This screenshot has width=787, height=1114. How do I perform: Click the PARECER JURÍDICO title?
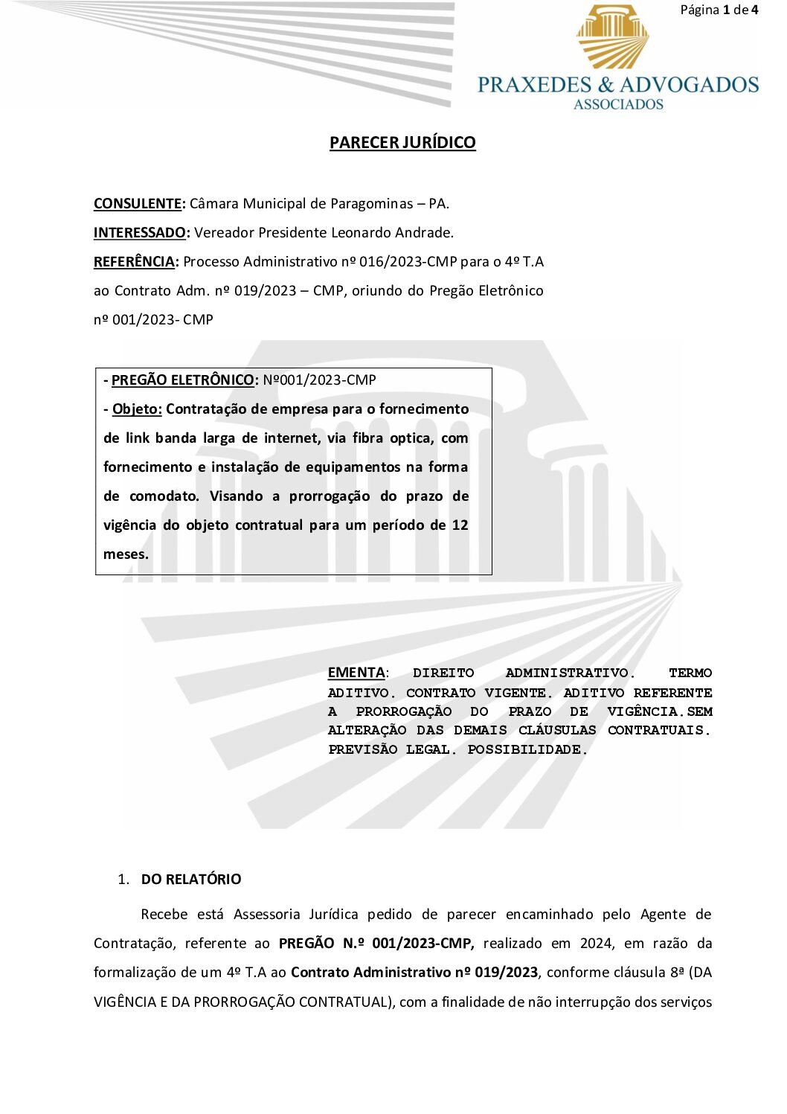pyautogui.click(x=402, y=142)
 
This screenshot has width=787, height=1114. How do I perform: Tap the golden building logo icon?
pyautogui.click(x=611, y=36)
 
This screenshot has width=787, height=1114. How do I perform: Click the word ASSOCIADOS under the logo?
pyautogui.click(x=618, y=105)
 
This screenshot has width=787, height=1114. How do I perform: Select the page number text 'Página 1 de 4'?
pyautogui.click(x=719, y=10)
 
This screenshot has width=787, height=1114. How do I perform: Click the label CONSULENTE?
pyautogui.click(x=138, y=203)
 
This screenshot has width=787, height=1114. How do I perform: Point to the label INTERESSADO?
pyautogui.click(x=140, y=232)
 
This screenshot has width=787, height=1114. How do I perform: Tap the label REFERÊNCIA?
pyautogui.click(x=135, y=261)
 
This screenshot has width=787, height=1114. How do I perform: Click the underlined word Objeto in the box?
pyautogui.click(x=137, y=409)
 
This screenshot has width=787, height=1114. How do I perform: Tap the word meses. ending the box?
pyautogui.click(x=126, y=554)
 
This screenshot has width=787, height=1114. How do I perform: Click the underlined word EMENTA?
pyautogui.click(x=356, y=673)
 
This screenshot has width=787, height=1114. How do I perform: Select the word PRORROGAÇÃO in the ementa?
pyautogui.click(x=403, y=711)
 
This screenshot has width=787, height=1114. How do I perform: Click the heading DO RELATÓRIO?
pyautogui.click(x=191, y=879)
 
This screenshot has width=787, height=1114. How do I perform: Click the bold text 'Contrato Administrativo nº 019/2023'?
pyautogui.click(x=414, y=972)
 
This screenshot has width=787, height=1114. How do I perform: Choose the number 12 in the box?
pyautogui.click(x=460, y=525)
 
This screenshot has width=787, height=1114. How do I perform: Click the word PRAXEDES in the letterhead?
pyautogui.click(x=534, y=84)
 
